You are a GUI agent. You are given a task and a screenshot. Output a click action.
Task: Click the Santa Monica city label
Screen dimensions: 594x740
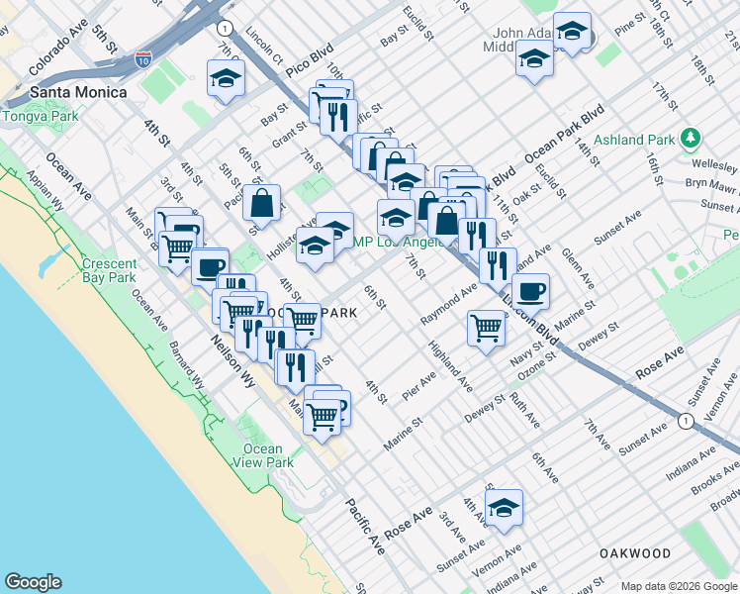click(78, 92)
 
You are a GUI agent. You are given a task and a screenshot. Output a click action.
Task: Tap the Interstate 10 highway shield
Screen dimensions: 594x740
click(144, 60)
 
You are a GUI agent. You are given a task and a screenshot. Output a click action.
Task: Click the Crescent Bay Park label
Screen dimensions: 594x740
click(108, 271)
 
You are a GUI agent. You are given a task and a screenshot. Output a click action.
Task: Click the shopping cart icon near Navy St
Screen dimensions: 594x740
click(486, 326)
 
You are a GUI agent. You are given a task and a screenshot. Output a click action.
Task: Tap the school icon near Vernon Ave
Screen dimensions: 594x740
click(505, 507)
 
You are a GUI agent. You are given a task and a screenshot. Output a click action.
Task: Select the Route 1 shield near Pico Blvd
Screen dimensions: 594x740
click(227, 28)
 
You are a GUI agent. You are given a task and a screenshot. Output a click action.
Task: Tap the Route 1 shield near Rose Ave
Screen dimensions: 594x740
click(685, 421)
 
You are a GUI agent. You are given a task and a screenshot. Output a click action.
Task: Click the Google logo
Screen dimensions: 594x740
click(33, 581)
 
